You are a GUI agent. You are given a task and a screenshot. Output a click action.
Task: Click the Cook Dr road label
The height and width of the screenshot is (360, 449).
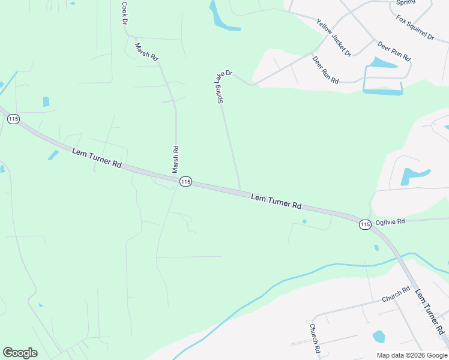[x=125, y=13]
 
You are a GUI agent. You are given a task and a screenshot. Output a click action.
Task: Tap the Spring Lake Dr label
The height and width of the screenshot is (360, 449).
[x=220, y=88]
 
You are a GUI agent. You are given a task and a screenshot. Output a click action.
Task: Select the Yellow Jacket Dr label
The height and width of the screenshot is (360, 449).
[x=334, y=37]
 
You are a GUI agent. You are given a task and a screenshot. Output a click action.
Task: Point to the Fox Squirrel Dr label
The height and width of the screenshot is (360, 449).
[x=415, y=28]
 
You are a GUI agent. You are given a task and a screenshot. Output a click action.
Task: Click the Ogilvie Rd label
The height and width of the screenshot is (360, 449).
[x=390, y=221]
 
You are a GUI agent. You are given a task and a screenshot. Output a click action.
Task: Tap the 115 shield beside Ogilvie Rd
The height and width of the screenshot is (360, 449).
[x=365, y=224]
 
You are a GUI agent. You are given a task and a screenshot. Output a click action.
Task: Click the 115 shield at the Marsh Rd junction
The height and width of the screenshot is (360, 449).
[x=185, y=181]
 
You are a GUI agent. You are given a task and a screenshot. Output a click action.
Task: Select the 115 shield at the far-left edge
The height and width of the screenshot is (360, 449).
[x=13, y=119]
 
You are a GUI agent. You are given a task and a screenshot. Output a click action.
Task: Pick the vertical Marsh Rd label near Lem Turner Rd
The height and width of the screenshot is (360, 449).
[x=176, y=160]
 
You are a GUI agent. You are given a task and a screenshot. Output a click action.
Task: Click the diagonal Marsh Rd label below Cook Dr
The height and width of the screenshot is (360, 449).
[x=146, y=52]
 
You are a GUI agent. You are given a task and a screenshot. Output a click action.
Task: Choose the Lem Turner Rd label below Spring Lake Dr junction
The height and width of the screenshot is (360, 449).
[x=276, y=201]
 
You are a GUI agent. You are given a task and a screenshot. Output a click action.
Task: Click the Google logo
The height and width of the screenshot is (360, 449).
[x=20, y=353]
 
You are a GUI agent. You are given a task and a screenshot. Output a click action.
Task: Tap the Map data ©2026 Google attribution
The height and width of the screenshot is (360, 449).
[x=411, y=355]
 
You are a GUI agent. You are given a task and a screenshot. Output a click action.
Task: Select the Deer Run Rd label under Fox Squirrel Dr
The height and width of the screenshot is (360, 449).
[x=394, y=51]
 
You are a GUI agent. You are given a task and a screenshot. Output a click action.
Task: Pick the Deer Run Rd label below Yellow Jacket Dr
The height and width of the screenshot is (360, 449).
[x=326, y=70]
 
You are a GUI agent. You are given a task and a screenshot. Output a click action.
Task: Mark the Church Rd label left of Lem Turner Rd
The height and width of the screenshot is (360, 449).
[x=396, y=294]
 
